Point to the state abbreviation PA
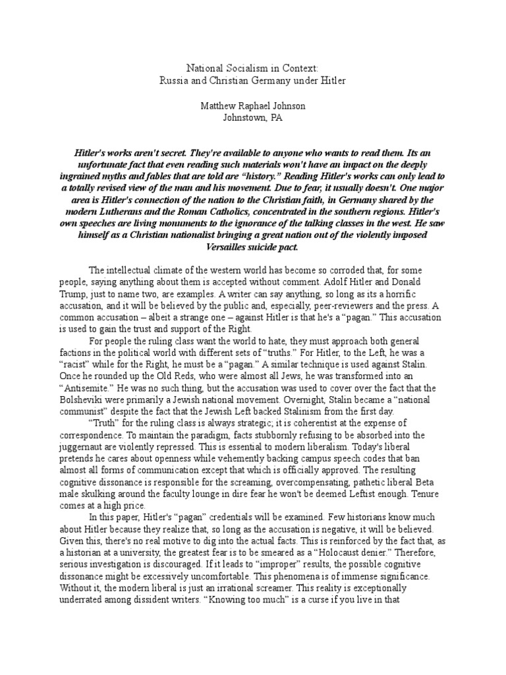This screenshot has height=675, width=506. coord(279,118)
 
